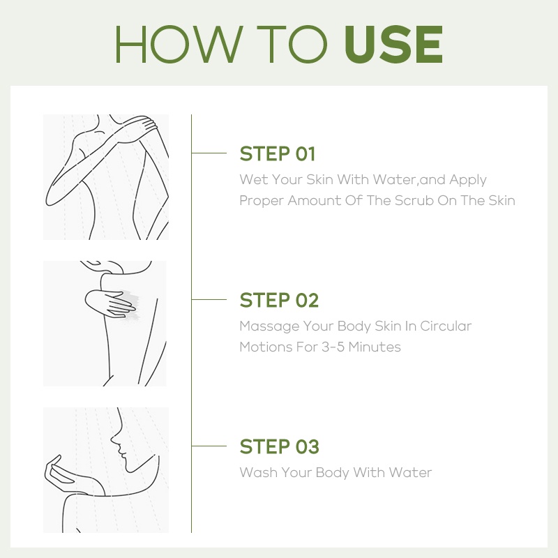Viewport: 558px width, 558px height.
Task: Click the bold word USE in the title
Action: click(393, 44)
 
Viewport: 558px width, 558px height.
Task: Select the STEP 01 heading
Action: click(278, 153)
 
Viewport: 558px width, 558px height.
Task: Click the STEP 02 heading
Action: click(279, 301)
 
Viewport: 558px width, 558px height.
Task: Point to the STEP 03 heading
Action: click(280, 446)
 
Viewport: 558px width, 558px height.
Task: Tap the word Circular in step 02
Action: click(446, 326)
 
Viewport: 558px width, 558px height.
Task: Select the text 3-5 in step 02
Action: click(333, 347)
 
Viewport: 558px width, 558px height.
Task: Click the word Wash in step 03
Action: click(258, 473)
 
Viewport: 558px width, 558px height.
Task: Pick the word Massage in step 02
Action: click(269, 326)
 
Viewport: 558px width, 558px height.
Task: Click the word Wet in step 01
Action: click(253, 179)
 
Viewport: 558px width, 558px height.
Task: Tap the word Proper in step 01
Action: click(262, 202)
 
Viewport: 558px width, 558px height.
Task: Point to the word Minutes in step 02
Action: click(375, 347)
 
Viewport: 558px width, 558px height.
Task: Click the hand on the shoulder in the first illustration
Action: click(144, 125)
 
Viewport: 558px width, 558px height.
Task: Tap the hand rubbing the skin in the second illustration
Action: click(110, 303)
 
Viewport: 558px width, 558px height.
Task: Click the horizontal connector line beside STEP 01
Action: click(209, 153)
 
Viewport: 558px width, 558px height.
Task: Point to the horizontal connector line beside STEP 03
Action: click(209, 446)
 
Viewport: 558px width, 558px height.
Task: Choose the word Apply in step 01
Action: click(467, 180)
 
